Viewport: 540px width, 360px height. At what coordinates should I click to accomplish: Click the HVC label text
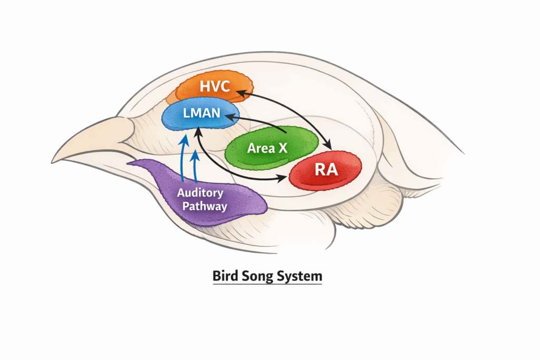click(x=215, y=86)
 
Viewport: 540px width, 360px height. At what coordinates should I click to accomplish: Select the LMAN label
click(x=198, y=113)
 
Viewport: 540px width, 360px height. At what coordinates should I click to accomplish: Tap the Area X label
click(x=267, y=149)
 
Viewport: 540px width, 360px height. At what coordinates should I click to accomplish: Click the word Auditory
click(x=200, y=193)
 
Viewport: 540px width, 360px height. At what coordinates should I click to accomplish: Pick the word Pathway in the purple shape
click(x=205, y=206)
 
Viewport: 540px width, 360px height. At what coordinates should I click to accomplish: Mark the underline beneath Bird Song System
click(x=267, y=285)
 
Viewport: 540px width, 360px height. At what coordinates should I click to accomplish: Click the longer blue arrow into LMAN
click(x=182, y=158)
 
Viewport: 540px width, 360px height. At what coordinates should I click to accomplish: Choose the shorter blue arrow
click(x=196, y=166)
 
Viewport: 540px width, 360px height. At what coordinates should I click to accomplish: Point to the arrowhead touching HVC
click(x=238, y=92)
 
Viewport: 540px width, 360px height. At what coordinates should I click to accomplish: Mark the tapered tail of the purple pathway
click(x=132, y=164)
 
